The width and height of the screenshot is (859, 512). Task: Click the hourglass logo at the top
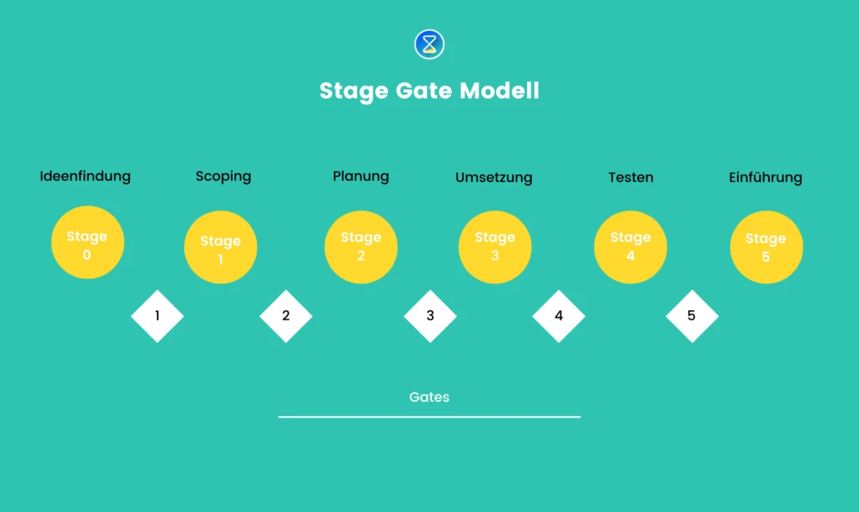click(429, 44)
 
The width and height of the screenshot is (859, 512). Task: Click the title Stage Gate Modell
click(429, 90)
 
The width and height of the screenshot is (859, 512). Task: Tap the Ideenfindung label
click(85, 176)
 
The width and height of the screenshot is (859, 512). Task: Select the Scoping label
click(224, 176)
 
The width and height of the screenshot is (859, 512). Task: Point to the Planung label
click(361, 176)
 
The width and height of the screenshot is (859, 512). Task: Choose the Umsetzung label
click(494, 178)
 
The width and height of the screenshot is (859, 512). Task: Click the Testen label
click(630, 178)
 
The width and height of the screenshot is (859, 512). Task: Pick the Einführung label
click(765, 178)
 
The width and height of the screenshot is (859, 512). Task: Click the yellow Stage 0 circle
click(88, 243)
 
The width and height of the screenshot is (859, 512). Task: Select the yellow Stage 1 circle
click(220, 248)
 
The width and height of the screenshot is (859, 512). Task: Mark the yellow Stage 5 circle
click(766, 248)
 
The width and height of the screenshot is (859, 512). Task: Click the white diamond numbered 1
click(158, 316)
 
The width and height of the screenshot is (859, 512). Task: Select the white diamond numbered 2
click(286, 316)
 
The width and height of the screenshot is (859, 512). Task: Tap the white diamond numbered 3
click(430, 316)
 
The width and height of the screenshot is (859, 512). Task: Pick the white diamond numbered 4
click(559, 316)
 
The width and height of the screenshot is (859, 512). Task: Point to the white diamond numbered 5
click(691, 316)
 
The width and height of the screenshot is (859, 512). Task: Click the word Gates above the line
click(429, 397)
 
